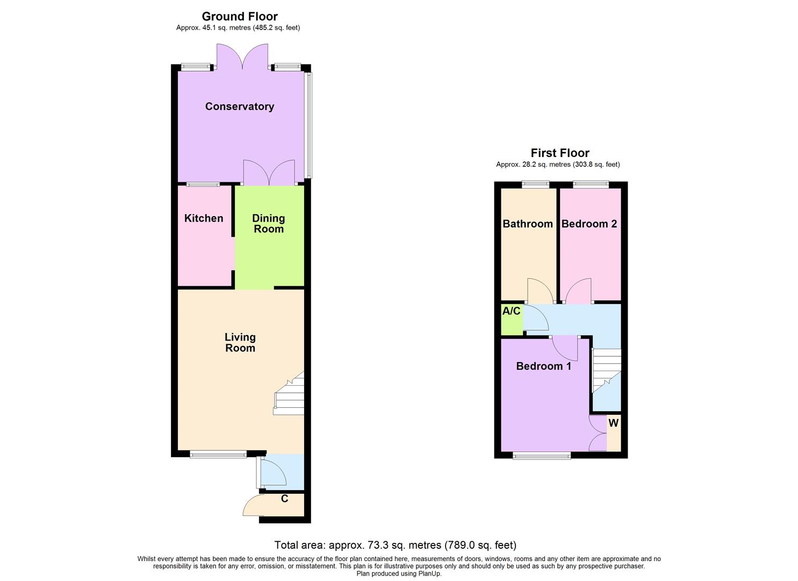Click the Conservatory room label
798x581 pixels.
point(240,107)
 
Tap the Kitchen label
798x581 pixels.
point(204,218)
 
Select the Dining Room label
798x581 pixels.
point(269,224)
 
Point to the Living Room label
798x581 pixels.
point(240,343)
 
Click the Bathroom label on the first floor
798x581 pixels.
point(528,224)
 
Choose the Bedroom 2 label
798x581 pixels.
point(589,224)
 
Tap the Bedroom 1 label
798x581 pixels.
point(543,366)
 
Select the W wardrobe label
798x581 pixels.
point(613,423)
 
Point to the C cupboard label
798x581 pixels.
point(285,499)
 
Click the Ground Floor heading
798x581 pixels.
point(240,17)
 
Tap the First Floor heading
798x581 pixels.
point(560,153)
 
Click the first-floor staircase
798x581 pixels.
point(606,371)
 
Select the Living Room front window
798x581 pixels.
point(218,455)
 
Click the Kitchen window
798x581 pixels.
point(203,185)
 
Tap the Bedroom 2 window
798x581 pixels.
point(591,185)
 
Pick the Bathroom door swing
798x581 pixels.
point(540,292)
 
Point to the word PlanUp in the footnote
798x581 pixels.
point(430,573)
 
